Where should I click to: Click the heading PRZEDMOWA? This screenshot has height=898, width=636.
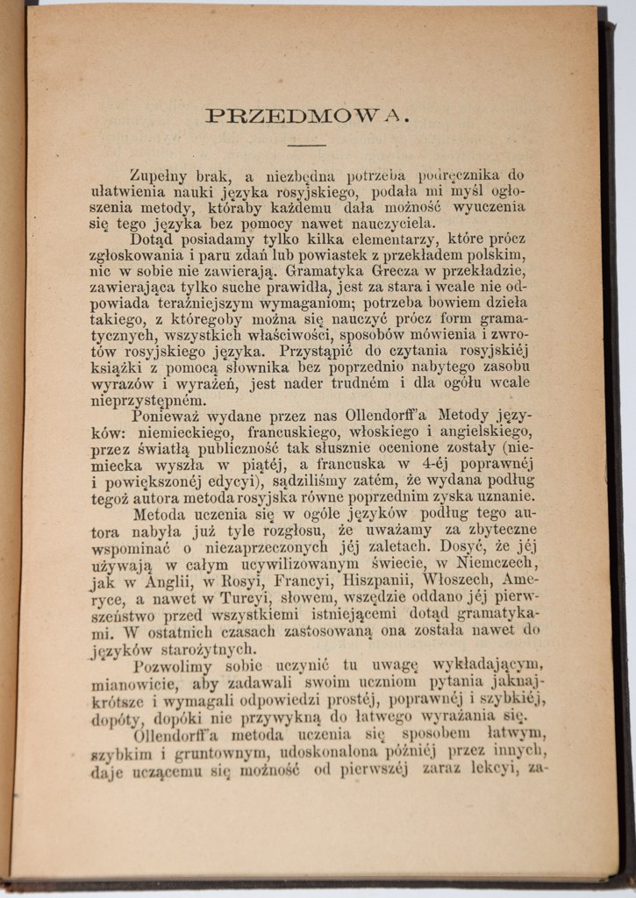(306, 115)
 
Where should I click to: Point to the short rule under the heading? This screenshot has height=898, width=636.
(306, 144)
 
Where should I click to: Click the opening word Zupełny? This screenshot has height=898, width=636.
(159, 176)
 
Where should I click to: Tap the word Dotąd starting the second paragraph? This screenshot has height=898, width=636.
(153, 239)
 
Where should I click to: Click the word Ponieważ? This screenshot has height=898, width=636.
(166, 414)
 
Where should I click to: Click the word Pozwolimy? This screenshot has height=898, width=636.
(171, 666)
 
